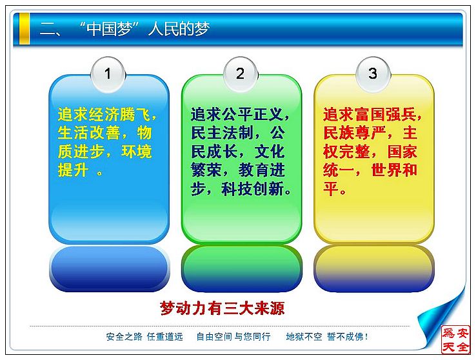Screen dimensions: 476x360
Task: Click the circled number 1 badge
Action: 108,74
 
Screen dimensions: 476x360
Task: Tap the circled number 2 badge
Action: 241,74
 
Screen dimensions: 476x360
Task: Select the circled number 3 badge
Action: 373,74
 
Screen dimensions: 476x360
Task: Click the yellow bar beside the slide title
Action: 24,29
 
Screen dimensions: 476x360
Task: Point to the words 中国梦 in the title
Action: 110,29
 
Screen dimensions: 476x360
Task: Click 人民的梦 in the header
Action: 179,29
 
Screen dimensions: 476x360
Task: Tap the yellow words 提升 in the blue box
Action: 73,170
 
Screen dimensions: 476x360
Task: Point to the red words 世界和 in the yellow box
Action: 394,170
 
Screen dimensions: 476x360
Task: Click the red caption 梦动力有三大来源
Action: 223,308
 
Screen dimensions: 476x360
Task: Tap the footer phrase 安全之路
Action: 124,337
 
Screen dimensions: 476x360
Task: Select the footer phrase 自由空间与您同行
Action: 233,337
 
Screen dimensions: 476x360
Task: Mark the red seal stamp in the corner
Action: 455,339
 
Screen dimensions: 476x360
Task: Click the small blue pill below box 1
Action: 109,269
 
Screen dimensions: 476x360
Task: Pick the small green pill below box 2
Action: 242,269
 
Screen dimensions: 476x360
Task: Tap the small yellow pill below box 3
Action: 374,269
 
